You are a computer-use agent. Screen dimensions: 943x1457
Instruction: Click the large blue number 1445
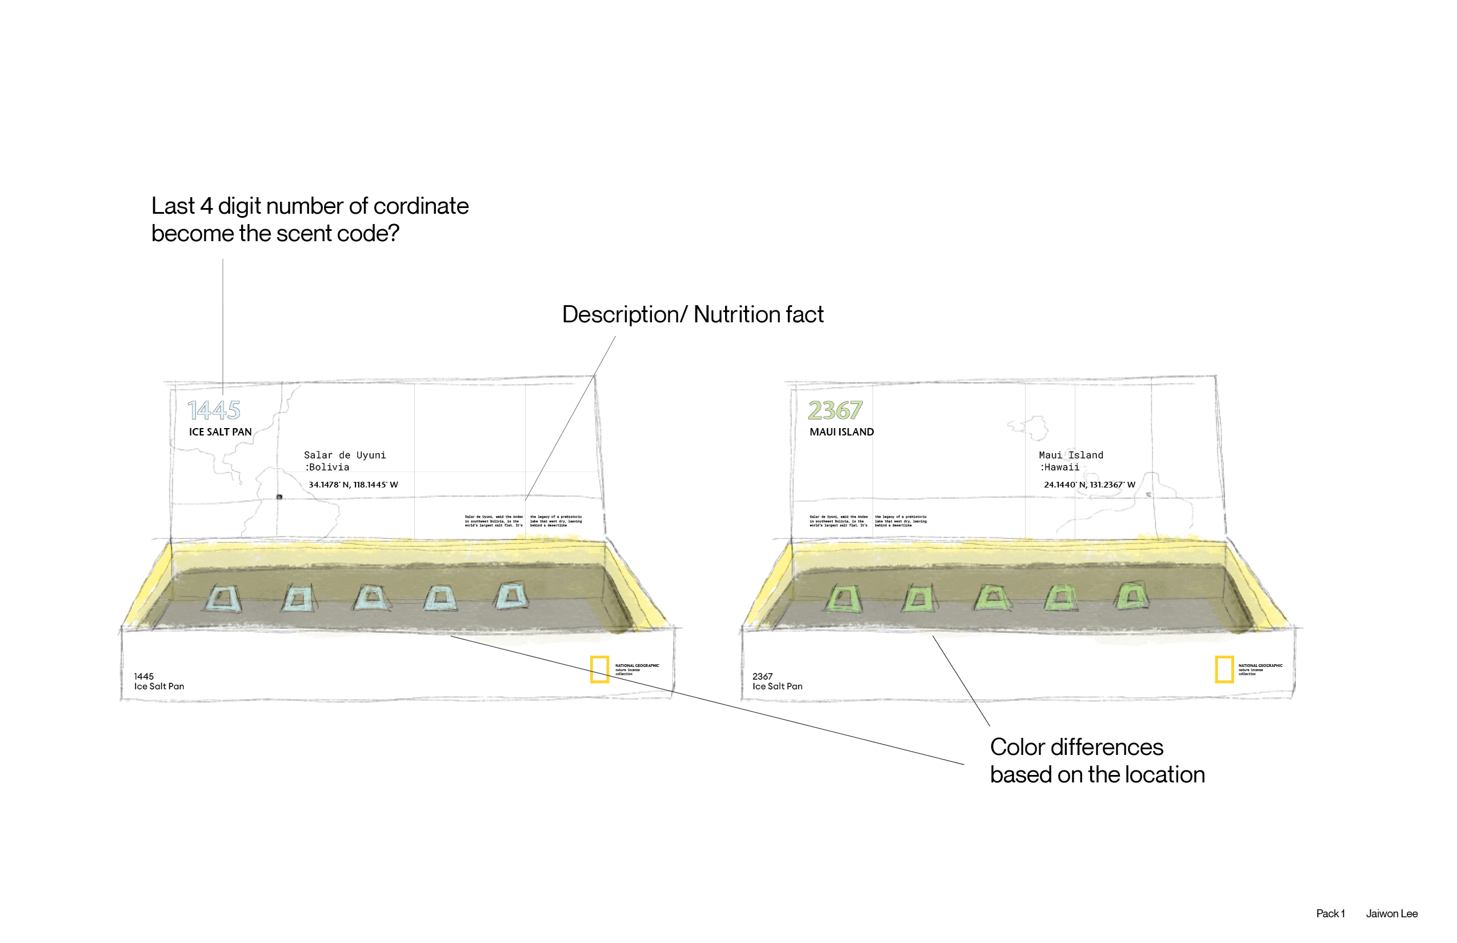(x=214, y=410)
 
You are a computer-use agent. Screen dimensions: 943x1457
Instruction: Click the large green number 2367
(x=835, y=410)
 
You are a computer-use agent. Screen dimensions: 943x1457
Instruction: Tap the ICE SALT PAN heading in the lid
(x=221, y=431)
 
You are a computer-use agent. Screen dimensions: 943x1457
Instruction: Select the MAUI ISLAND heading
(x=842, y=431)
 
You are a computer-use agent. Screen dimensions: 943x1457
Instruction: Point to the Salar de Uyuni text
(x=345, y=455)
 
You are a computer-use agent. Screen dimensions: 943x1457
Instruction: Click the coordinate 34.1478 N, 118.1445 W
(x=353, y=485)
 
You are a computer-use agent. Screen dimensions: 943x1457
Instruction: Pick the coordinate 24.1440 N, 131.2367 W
(x=1090, y=485)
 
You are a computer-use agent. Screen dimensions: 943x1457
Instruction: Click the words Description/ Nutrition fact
(x=693, y=314)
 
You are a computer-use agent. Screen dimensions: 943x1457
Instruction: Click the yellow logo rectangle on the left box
(x=599, y=669)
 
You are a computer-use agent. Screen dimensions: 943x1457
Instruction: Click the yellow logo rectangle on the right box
(x=1224, y=669)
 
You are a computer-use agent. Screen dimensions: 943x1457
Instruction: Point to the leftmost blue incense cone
(x=223, y=599)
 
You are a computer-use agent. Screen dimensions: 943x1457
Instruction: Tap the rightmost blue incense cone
(x=512, y=596)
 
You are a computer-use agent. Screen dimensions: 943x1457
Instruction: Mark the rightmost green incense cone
(x=1132, y=596)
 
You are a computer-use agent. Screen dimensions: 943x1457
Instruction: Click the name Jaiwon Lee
(x=1391, y=914)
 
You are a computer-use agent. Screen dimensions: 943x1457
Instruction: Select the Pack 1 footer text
(x=1330, y=914)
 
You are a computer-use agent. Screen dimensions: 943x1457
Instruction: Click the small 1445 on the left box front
(x=144, y=677)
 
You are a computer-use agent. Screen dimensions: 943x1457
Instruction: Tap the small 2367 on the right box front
(x=762, y=677)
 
